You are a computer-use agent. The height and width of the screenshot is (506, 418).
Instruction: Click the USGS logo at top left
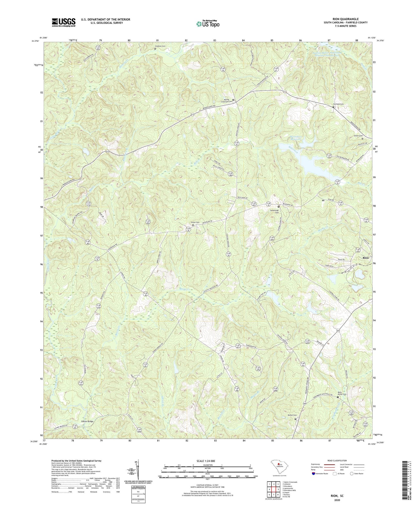(64, 22)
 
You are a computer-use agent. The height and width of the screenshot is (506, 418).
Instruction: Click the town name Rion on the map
(366, 258)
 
